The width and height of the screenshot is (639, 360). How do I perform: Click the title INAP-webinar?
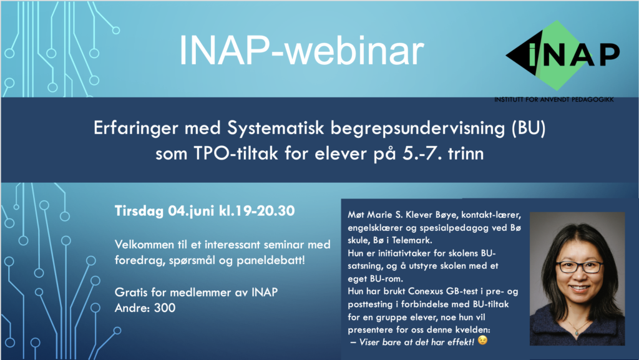tap(301, 51)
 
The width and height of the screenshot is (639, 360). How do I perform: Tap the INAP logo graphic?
tap(563, 56)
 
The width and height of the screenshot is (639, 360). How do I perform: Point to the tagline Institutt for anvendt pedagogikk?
tap(554, 99)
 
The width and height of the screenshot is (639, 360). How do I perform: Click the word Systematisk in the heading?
tap(275, 128)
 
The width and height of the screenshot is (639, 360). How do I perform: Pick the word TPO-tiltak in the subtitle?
tap(235, 154)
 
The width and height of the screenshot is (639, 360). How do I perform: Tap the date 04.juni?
tap(191, 211)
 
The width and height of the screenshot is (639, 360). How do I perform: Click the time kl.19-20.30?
tap(256, 210)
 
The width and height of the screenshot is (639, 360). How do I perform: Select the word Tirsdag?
tap(139, 211)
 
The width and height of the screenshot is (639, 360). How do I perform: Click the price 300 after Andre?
tap(165, 308)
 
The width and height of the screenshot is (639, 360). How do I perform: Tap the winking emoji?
tap(482, 340)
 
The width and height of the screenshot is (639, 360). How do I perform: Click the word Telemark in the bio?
tap(412, 240)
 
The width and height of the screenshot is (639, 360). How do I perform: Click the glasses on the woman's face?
tap(580, 267)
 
